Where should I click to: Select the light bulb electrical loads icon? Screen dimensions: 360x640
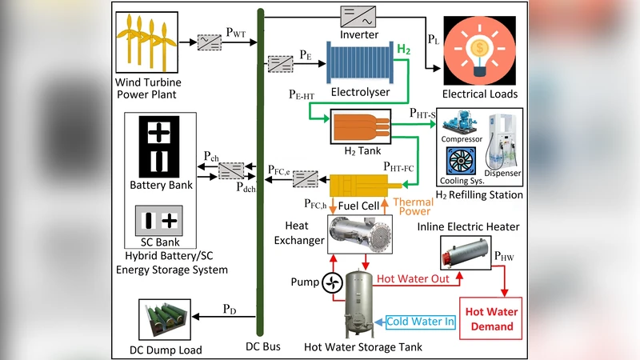click(x=480, y=49)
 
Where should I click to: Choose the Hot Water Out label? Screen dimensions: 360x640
click(x=413, y=279)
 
